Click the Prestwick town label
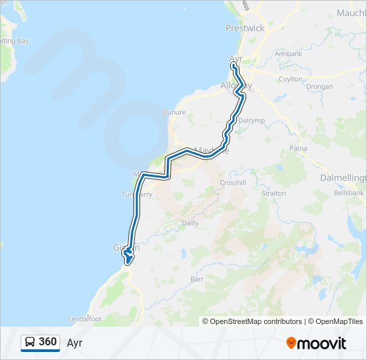(245, 28)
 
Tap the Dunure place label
(174, 113)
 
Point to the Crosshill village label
(233, 183)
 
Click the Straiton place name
(274, 193)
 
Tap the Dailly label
(190, 223)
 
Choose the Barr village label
(196, 279)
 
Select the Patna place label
(297, 150)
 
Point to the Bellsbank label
(349, 193)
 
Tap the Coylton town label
(290, 79)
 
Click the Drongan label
(320, 87)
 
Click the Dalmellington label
(344, 179)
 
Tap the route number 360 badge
(47, 342)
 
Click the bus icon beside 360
(30, 343)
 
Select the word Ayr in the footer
(74, 343)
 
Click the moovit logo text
(322, 343)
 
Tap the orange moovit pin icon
(292, 343)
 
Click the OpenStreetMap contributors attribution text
(256, 321)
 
